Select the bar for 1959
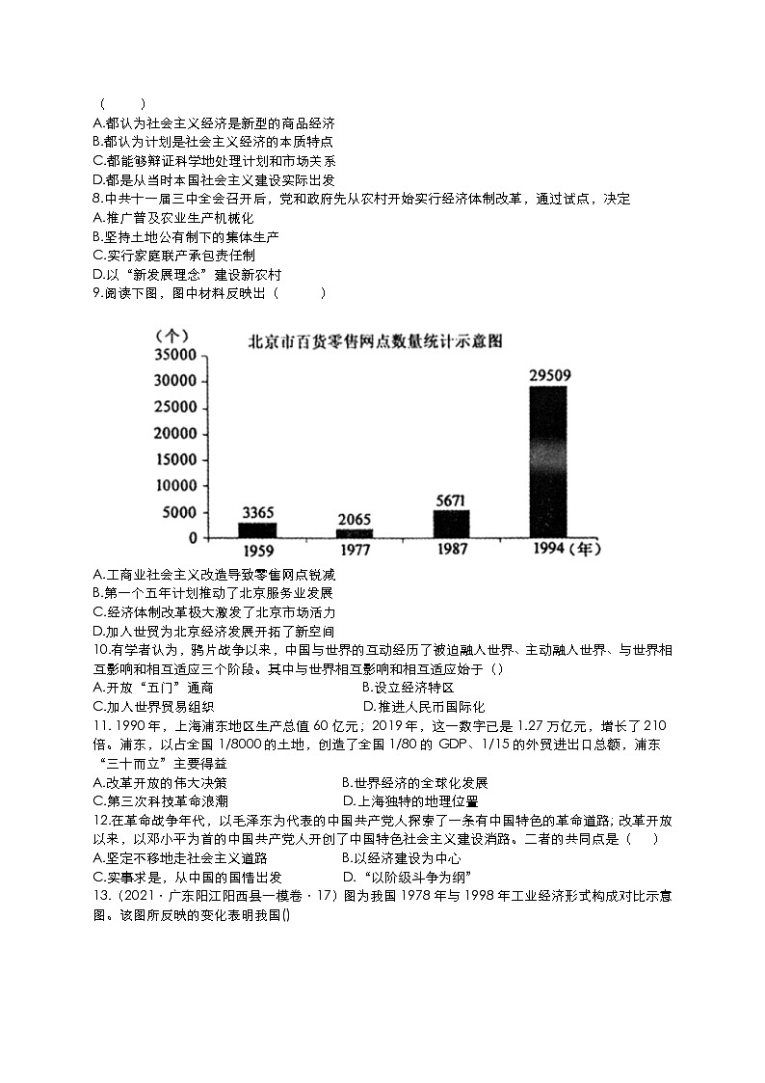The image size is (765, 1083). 257,529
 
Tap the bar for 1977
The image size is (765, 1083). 354,532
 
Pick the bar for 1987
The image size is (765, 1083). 451,523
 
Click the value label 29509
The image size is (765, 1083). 548,375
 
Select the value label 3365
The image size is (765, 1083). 257,512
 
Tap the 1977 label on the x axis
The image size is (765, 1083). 354,551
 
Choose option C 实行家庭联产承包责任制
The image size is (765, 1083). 174,256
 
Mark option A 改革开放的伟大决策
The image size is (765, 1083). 161,782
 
